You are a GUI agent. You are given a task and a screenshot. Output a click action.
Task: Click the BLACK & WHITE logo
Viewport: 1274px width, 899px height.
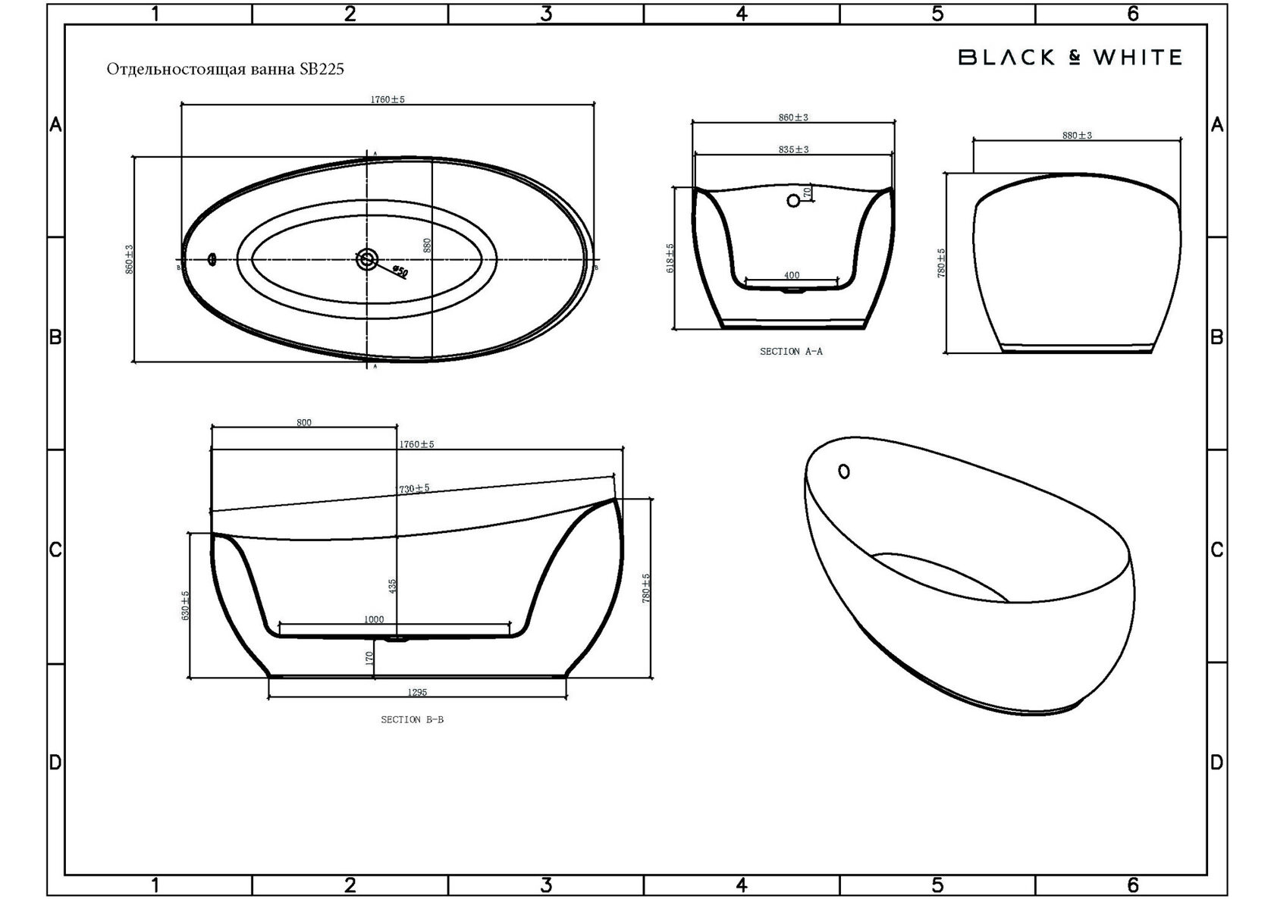1070,58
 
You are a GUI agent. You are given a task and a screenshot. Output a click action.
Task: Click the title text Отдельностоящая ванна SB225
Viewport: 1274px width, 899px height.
225,70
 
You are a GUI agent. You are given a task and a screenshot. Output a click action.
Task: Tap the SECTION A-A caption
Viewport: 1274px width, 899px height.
791,352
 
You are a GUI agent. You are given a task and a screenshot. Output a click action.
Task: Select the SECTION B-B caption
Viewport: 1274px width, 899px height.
413,719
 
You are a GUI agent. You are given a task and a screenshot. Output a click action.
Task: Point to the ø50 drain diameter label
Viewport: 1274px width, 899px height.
400,272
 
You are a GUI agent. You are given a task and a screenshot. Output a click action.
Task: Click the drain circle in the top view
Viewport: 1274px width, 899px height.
367,260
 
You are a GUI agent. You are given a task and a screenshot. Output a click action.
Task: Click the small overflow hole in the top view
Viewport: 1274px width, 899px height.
212,259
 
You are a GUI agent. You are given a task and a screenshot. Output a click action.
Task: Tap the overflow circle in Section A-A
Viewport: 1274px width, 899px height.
793,200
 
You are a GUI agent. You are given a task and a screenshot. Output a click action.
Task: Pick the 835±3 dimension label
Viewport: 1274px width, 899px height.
793,149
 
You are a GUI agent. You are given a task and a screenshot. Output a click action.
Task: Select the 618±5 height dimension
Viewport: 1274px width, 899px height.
670,258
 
